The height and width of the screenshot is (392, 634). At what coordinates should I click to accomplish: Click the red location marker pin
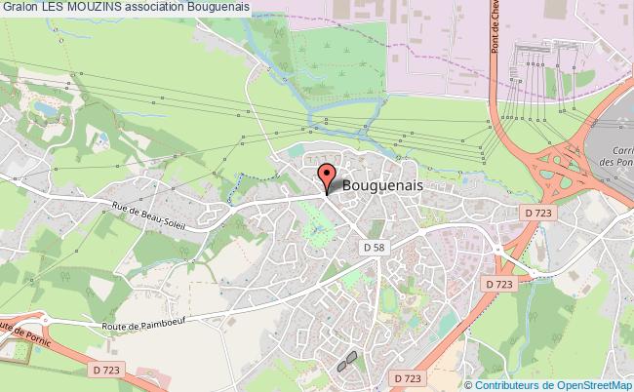pos(326,177)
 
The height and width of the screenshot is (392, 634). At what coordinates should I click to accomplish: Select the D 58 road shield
pos(373,249)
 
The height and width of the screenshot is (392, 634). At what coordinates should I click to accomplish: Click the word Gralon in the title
pos(20,7)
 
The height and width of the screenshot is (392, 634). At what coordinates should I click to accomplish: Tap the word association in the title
pos(155,7)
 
